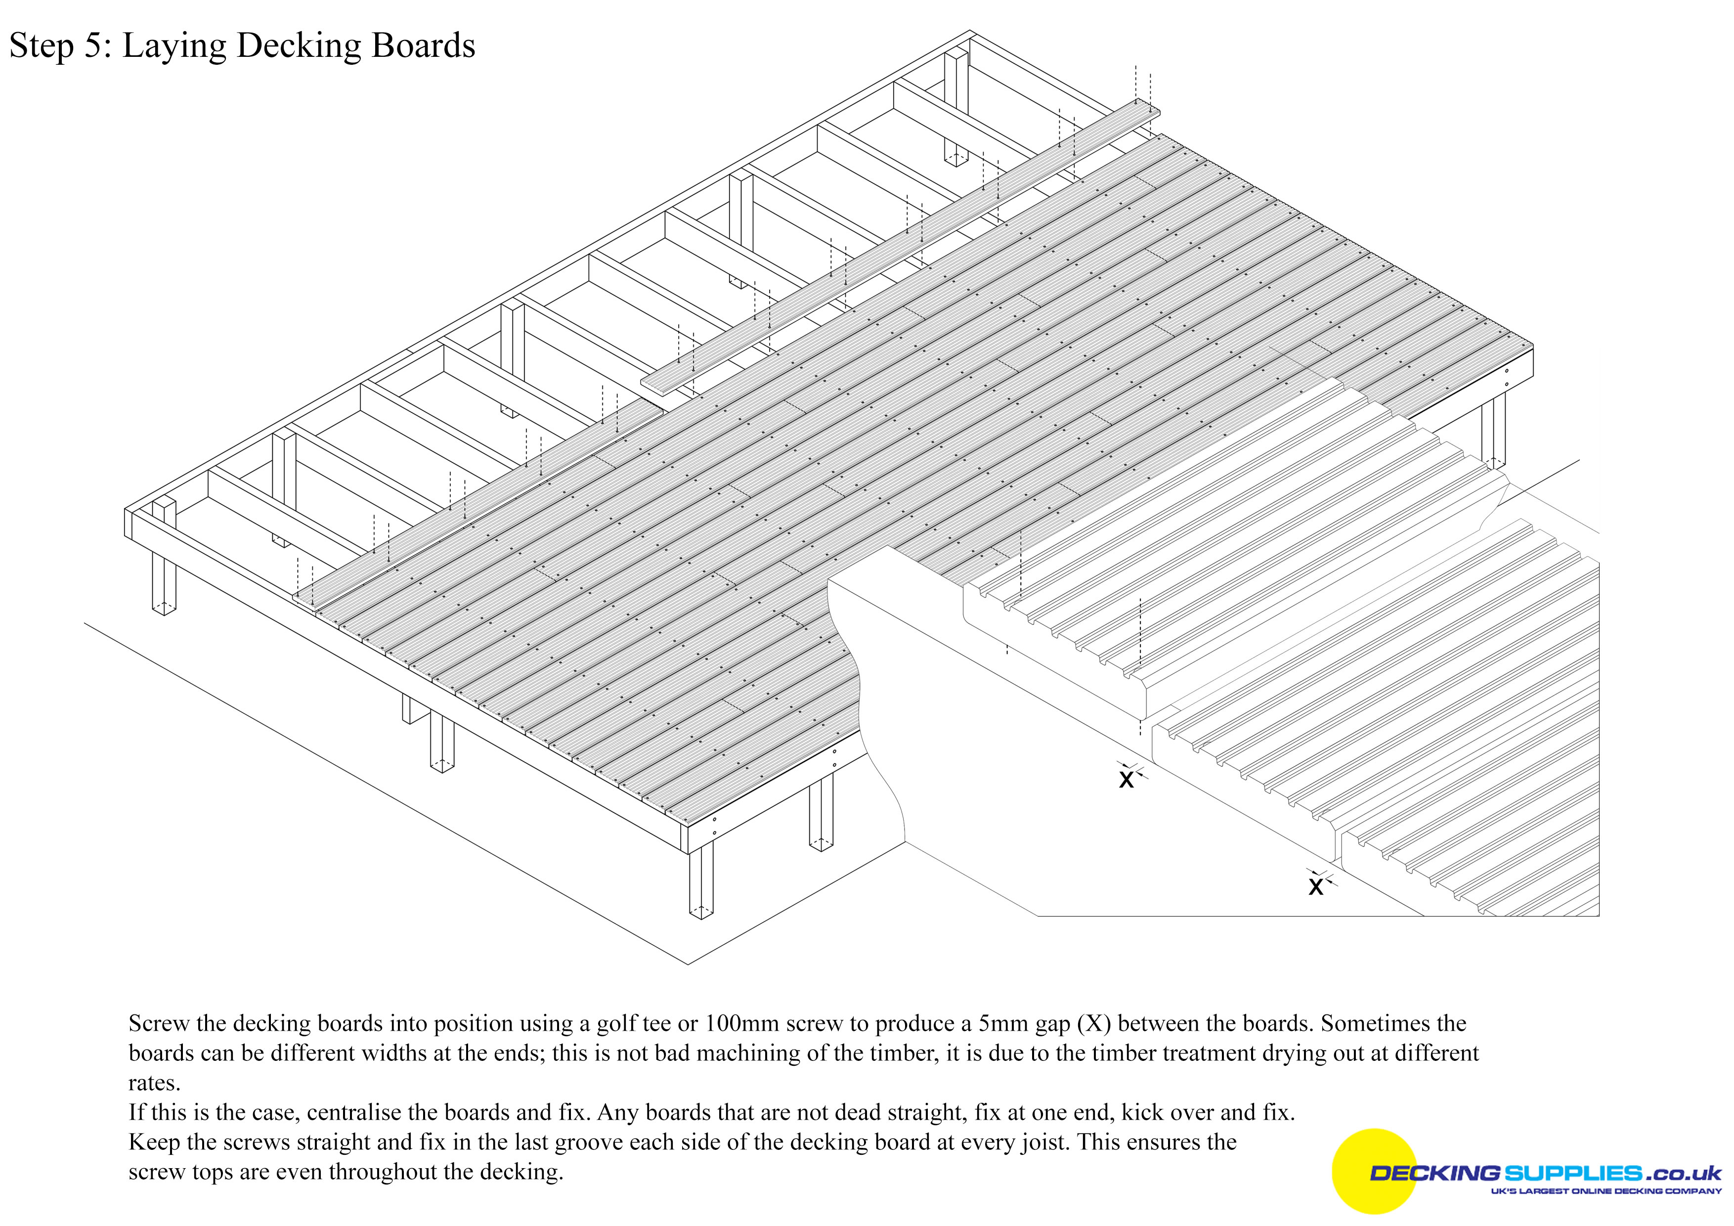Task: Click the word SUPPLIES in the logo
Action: tap(1572, 1173)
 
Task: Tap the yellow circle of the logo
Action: tap(1375, 1171)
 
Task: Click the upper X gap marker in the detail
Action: tap(1127, 779)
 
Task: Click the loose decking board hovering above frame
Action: tap(900, 243)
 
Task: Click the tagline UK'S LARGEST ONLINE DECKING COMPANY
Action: tap(1605, 1191)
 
